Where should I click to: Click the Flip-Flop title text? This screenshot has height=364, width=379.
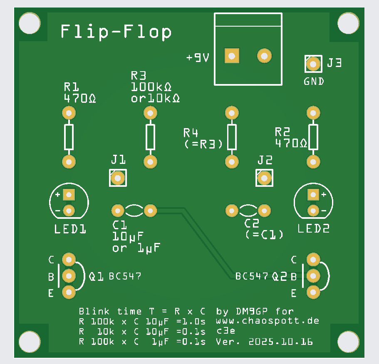tap(116, 32)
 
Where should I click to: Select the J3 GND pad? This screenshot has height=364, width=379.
tap(313, 64)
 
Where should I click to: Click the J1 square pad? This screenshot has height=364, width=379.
tap(118, 178)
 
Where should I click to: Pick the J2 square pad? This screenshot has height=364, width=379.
tap(264, 178)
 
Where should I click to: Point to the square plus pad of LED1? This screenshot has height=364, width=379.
tap(69, 194)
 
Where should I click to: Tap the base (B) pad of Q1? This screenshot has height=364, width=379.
tap(69, 275)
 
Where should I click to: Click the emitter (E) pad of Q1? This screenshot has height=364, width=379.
tap(69, 292)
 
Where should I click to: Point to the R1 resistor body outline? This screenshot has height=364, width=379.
tap(69, 137)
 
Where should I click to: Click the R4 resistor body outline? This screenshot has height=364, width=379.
tap(232, 137)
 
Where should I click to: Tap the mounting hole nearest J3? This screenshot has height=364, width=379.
tap(348, 22)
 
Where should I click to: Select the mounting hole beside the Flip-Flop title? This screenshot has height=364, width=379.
tap(30, 22)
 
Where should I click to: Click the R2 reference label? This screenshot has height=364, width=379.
tap(282, 132)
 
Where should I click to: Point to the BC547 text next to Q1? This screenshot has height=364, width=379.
tap(125, 276)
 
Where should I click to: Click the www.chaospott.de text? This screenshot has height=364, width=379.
tap(268, 321)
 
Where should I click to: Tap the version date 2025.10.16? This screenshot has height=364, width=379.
tap(280, 342)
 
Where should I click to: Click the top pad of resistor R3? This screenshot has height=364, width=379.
tap(150, 112)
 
